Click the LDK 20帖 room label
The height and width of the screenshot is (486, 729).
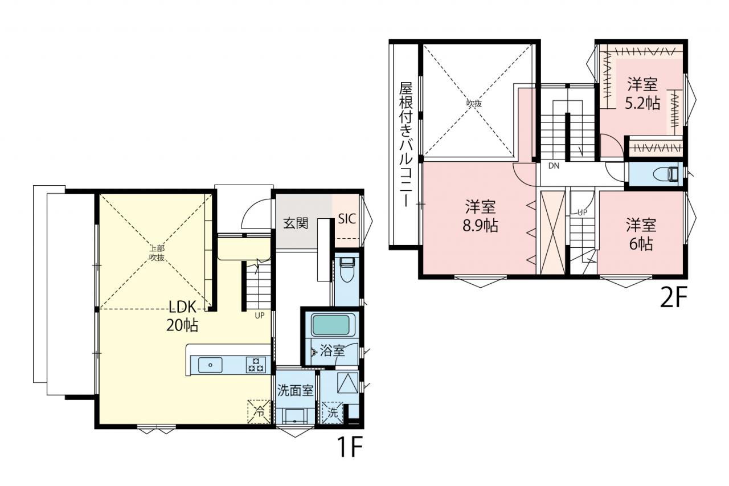[x=182, y=316]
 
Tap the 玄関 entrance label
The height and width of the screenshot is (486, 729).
[x=295, y=223]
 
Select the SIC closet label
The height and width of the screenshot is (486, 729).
[x=347, y=219]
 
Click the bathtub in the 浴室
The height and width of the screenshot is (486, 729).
[x=330, y=325]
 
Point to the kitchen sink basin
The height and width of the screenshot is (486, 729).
[x=211, y=365]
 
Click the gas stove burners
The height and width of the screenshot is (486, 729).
[x=256, y=365]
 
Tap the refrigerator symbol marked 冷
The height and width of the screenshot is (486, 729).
[x=259, y=412]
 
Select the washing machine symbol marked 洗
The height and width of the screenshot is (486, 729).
[x=332, y=413]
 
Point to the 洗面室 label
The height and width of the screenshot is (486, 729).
[x=295, y=390]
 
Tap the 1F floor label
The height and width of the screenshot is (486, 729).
[x=350, y=447]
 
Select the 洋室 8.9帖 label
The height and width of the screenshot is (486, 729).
[x=480, y=216]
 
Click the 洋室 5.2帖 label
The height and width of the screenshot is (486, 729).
[x=642, y=93]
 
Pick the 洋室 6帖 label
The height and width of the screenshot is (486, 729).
[x=641, y=234]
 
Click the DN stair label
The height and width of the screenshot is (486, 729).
[x=554, y=166]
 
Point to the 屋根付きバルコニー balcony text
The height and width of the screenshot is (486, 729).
[x=406, y=144]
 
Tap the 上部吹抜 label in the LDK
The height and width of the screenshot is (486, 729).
[x=157, y=253]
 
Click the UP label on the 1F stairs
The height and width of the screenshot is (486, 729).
[x=260, y=316]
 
